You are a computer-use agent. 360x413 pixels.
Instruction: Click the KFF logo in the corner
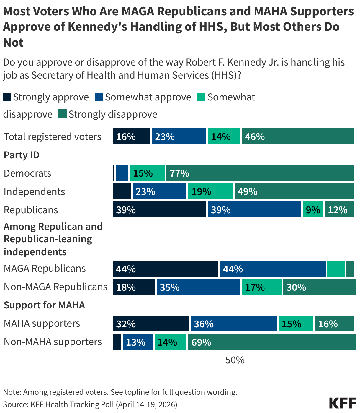coord(342,403)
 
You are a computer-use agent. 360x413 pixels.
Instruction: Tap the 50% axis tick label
coord(235,360)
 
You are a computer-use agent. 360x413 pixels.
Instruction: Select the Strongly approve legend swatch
coord(7,97)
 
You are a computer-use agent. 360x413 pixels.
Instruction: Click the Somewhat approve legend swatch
coord(99,97)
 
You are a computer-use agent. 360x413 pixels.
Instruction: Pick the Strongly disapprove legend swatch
coord(63,114)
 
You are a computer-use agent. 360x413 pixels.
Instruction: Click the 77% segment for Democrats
coord(260,173)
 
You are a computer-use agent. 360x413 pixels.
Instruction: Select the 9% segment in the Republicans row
coord(312,210)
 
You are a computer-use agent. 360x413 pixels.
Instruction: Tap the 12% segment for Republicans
coord(339,210)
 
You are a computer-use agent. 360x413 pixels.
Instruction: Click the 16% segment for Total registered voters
coord(132,136)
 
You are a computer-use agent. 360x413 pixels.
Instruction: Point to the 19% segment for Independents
coord(210,191)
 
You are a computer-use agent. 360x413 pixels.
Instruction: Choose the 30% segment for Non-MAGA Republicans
coord(319,287)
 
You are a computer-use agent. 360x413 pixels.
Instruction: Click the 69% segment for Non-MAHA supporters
coord(272,342)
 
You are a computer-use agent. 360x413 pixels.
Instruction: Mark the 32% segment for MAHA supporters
coord(151,324)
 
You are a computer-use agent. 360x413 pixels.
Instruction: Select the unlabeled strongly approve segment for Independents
coord(122,191)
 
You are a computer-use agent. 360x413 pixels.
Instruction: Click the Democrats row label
coord(27,173)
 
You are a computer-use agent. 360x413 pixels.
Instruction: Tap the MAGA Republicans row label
coord(45,269)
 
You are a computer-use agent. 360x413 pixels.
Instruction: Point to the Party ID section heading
coord(22,155)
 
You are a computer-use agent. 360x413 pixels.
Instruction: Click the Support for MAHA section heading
coord(44,305)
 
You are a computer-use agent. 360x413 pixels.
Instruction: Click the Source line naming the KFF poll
coord(90,404)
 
